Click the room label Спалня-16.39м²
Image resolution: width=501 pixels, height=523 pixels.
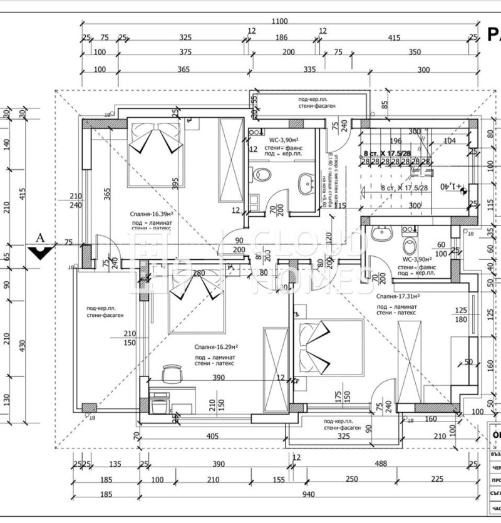click(x=152, y=213)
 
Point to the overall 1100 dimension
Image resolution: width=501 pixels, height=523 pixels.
click(x=280, y=21)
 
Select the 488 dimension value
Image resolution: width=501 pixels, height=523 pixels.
click(x=380, y=464)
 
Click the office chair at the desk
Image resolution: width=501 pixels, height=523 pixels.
click(x=170, y=375)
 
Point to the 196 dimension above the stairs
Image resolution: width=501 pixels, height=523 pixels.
click(x=395, y=141)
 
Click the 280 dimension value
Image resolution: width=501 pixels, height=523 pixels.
click(x=199, y=273)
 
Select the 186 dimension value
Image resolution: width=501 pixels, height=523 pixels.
click(x=282, y=38)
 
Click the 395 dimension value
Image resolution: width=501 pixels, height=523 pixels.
click(x=175, y=181)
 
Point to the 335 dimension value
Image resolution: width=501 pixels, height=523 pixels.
click(x=291, y=69)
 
